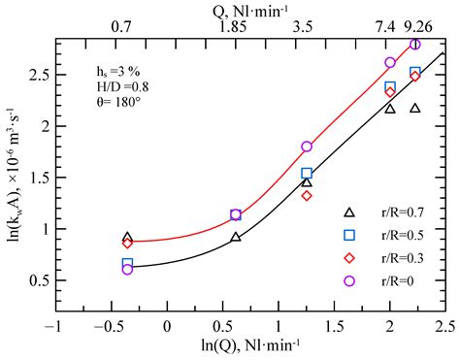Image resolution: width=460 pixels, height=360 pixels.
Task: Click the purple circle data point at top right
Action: click(x=415, y=45)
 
